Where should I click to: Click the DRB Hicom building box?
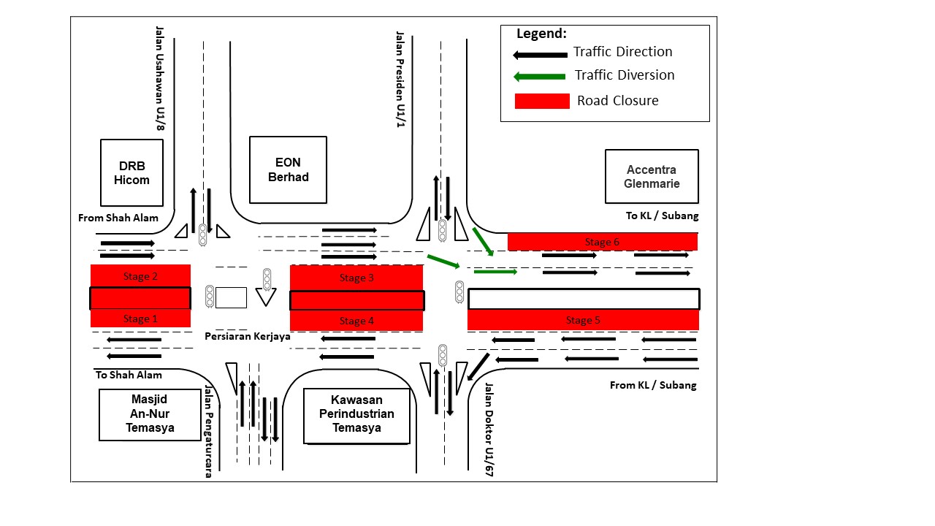pos(131,172)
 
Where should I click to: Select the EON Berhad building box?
pos(288,169)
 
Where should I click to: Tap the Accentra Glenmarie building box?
pos(652,177)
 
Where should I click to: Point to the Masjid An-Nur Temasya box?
pos(150,415)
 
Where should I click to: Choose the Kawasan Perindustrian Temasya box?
pos(357,414)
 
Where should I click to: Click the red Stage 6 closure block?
pos(602,242)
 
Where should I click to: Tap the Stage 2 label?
pos(140,276)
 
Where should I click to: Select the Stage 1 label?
pos(140,319)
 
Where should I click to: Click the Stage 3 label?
pos(356,278)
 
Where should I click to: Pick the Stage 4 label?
pos(356,321)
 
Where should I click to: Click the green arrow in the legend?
pos(540,76)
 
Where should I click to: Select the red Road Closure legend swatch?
pos(542,101)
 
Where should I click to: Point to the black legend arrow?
pos(540,54)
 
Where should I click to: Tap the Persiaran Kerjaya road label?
pos(248,336)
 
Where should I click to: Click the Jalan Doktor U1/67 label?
pos(489,430)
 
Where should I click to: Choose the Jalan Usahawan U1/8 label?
pos(159,79)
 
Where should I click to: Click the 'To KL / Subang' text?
pos(662,216)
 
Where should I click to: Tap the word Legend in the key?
pos(541,34)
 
